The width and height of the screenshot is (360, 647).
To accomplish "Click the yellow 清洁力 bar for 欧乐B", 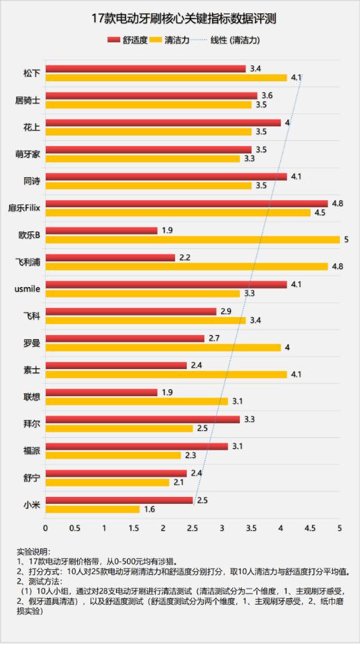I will click(x=193, y=239).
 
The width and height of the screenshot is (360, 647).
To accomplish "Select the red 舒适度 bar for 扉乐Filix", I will click(x=186, y=204).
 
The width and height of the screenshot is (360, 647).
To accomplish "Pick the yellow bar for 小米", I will click(x=92, y=509).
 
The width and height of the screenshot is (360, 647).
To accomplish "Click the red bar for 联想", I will click(x=101, y=392).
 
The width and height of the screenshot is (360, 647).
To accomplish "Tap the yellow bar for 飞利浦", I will click(x=186, y=266).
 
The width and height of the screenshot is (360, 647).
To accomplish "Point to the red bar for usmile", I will click(x=166, y=284).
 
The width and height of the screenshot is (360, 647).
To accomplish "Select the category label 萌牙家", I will click(x=27, y=154).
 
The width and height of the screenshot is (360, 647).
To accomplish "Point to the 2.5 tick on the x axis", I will click(x=193, y=528).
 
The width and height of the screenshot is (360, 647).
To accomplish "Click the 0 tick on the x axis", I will click(x=46, y=528).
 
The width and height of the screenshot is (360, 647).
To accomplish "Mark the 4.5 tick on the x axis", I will click(x=310, y=528).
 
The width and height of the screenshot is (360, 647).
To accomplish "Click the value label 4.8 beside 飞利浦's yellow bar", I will click(x=338, y=266).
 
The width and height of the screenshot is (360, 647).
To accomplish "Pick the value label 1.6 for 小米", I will click(x=149, y=509).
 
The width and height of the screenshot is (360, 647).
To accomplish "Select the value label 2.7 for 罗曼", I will click(x=214, y=338).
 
